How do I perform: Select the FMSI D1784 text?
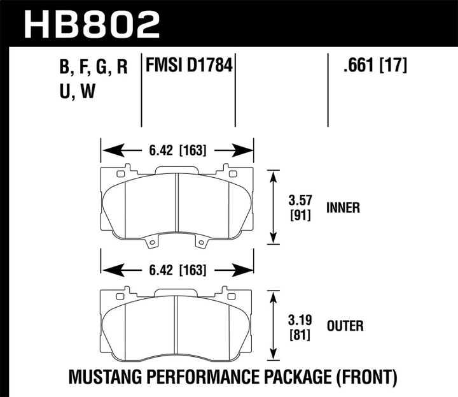click(x=189, y=66)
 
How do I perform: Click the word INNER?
click(x=343, y=207)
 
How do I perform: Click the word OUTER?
click(x=344, y=326)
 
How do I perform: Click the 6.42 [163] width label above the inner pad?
click(x=177, y=151)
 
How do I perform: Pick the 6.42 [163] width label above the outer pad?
click(x=177, y=270)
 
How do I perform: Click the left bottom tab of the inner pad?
click(x=151, y=243)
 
